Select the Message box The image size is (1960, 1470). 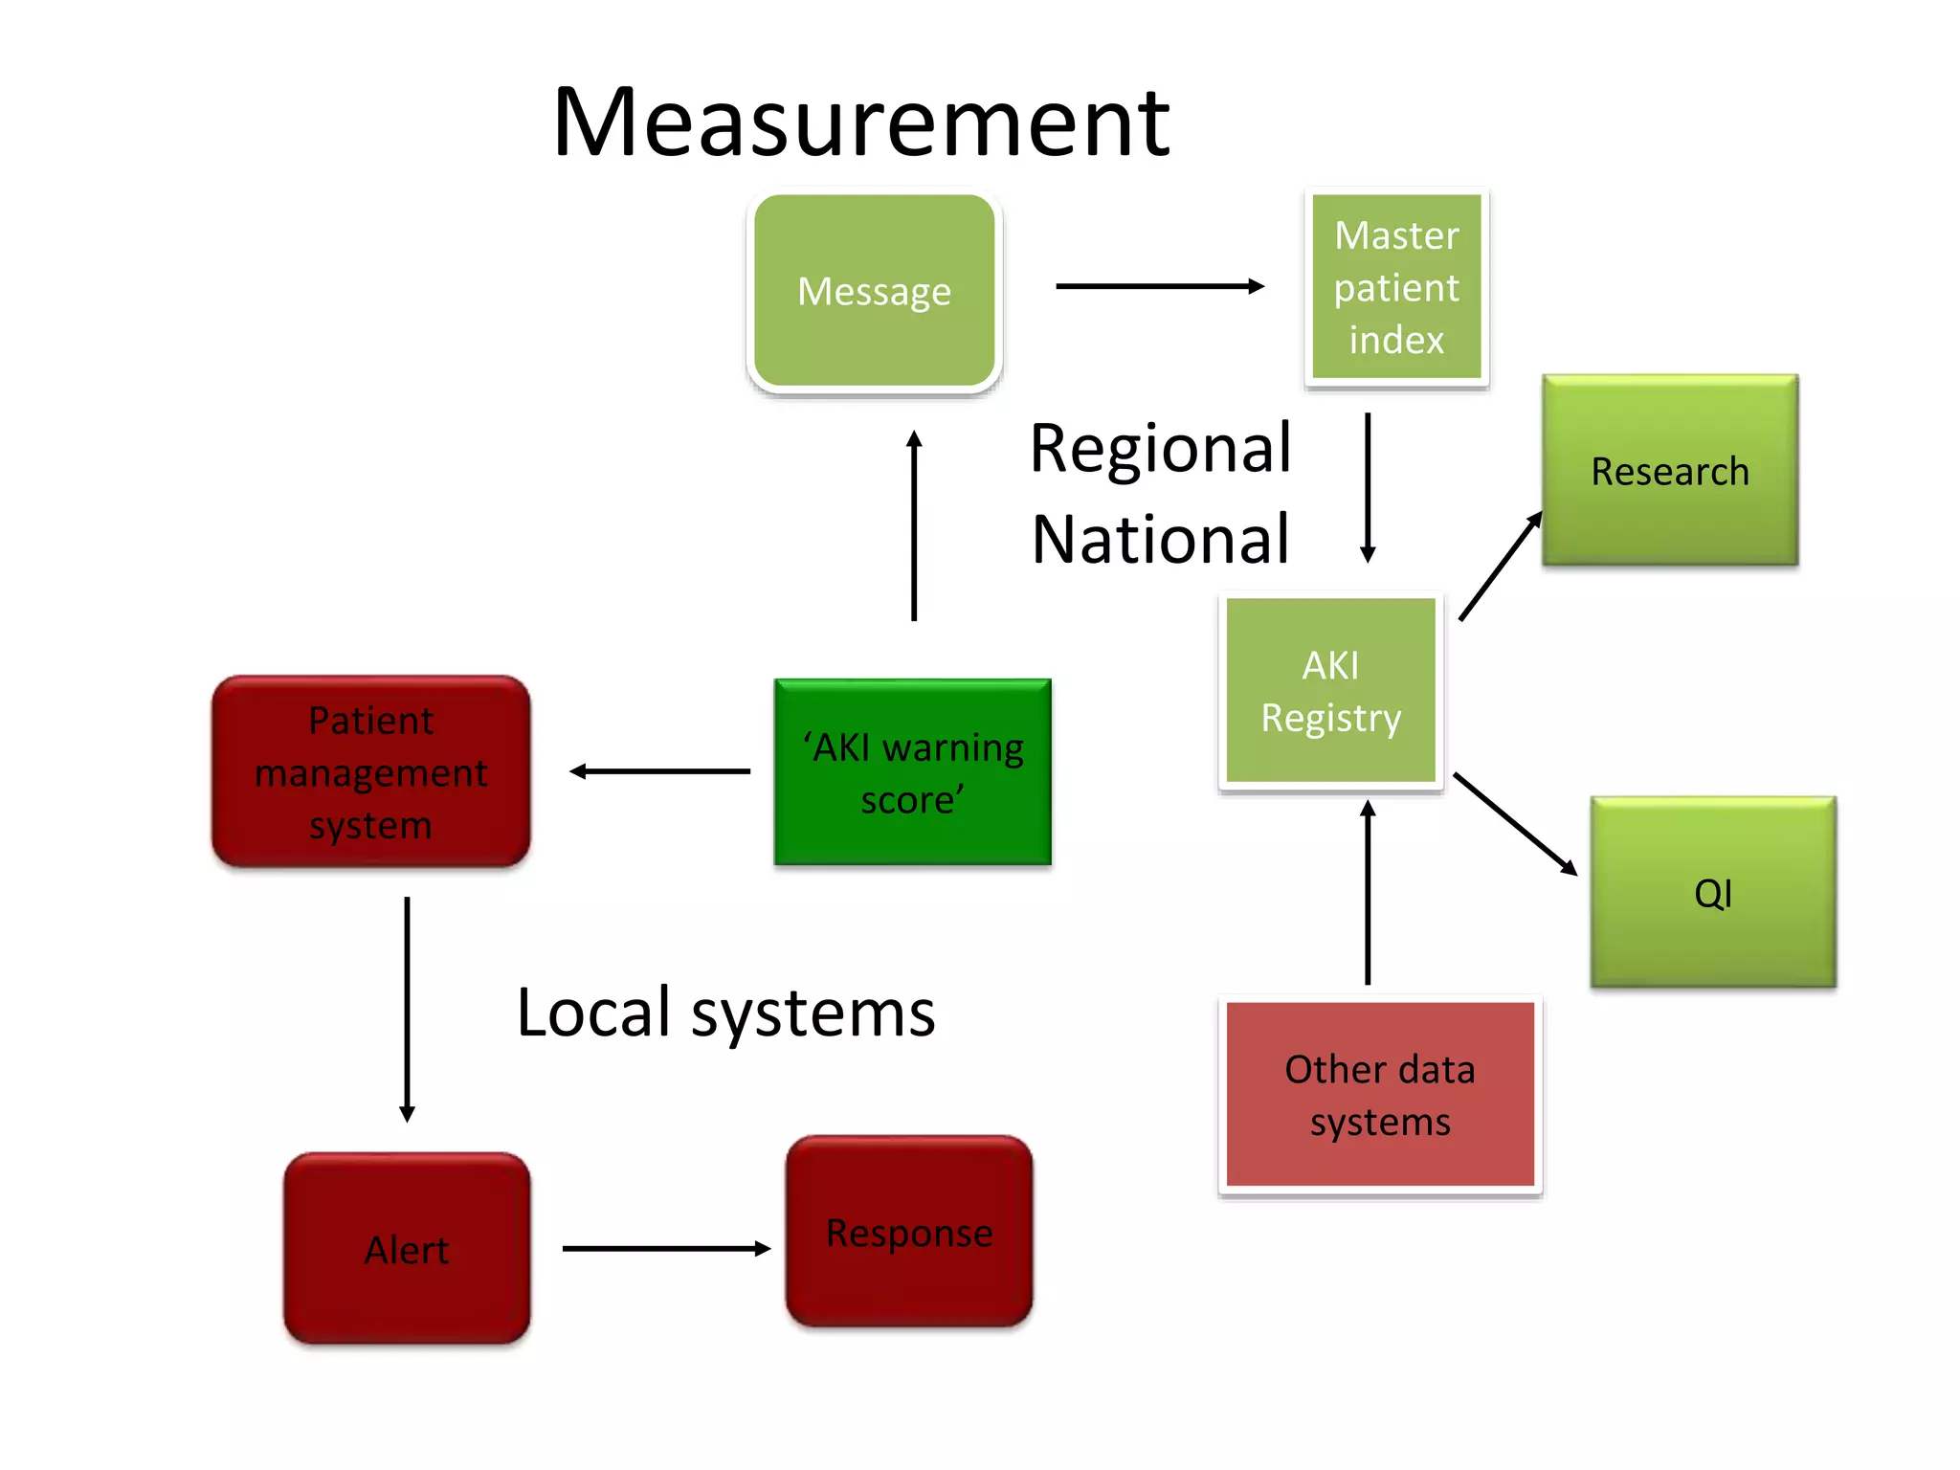pos(874,291)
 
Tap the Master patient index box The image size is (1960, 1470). pos(1396,287)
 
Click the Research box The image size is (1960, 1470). pos(1670,471)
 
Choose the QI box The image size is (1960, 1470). pos(1713,893)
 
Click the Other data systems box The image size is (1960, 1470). pos(1379,1095)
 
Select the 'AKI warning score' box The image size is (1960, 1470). pos(912,772)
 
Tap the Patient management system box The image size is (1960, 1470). pos(371,772)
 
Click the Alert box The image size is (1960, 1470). pos(407,1249)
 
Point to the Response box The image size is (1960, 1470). pos(909,1233)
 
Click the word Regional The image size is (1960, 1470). pos(1161,448)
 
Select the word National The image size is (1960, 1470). pos(1161,540)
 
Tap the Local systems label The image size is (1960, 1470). pos(725,1013)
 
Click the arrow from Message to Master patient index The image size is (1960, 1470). pos(1159,286)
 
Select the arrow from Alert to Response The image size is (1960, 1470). pos(666,1249)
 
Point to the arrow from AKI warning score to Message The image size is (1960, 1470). pos(914,526)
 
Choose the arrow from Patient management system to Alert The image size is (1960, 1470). pos(407,1009)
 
